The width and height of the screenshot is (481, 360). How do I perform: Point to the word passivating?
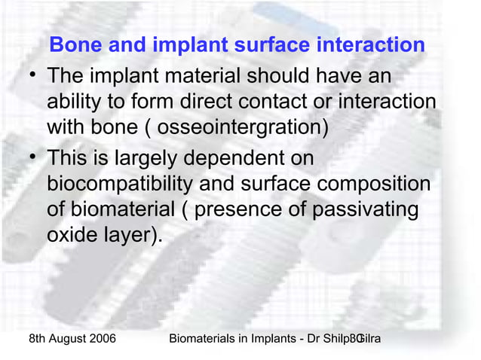360,209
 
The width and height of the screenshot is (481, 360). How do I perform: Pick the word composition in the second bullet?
372,185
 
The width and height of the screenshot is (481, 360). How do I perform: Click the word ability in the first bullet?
75,102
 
